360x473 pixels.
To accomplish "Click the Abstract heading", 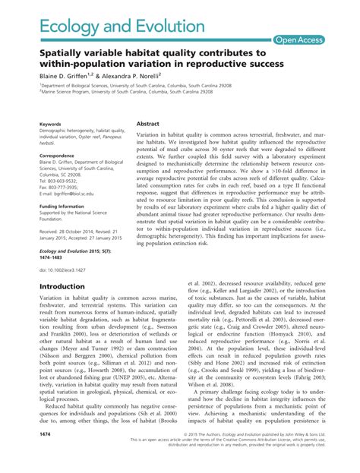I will click(x=147, y=122).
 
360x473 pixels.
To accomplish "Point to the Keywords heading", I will click(x=51, y=123).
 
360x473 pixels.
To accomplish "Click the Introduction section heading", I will click(x=67, y=286).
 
